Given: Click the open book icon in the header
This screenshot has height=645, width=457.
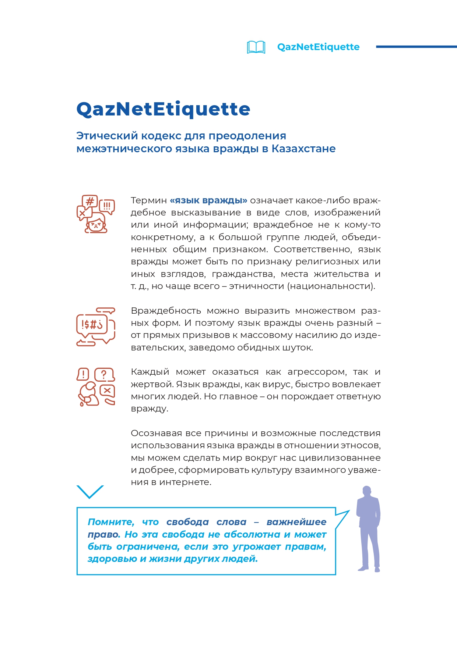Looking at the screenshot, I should coord(256,47).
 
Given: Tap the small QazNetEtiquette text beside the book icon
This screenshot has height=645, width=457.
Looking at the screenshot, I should coord(318,47).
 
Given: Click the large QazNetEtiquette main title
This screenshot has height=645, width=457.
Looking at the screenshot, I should coord(163,109).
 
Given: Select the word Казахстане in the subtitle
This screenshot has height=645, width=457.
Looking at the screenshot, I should coord(303,149).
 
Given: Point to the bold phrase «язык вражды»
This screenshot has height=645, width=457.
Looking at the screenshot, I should coord(208,200).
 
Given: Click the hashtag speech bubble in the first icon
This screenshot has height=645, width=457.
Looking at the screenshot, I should coord(89,202).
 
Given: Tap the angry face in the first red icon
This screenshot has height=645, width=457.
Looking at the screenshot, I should coord(96,224).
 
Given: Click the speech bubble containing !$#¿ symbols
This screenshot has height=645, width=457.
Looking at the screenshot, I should coord(92,324).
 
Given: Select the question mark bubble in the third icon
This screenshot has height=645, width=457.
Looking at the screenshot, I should coord(104,375).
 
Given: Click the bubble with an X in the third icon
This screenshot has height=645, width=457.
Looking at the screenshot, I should coord(107,390).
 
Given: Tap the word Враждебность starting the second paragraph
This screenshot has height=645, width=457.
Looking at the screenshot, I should coord(166,311).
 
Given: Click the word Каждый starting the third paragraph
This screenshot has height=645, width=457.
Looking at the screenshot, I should coord(150,372).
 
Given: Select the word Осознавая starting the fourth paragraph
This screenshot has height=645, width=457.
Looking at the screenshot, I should coord(156,433).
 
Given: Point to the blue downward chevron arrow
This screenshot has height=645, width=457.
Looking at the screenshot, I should coord(90,492).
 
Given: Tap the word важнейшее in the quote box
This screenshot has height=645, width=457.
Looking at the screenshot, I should coord(296,522).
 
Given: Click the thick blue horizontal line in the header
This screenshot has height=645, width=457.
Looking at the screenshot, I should coord(416,47).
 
